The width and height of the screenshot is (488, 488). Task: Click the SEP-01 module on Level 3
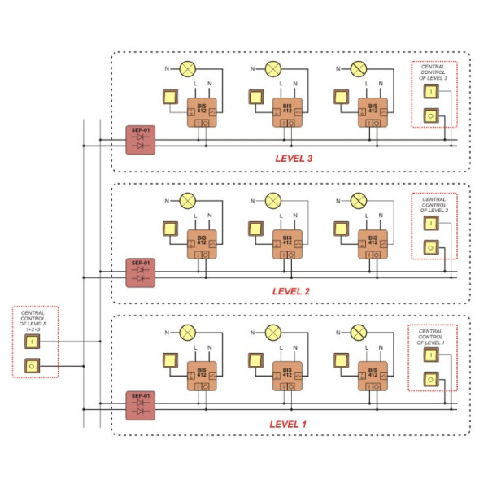click(140, 141)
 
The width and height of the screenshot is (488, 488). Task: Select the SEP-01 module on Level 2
click(140, 272)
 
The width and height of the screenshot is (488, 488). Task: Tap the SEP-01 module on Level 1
click(140, 404)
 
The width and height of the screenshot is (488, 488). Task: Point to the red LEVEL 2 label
click(292, 290)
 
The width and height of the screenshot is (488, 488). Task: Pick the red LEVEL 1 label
click(289, 424)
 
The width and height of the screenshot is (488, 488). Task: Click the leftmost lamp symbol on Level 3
click(189, 68)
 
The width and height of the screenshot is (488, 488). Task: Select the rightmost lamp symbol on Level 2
click(358, 199)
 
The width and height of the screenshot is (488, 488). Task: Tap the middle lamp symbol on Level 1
click(273, 332)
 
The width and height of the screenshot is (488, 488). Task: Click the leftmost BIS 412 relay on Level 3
click(203, 112)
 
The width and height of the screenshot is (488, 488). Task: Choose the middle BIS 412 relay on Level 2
click(287, 243)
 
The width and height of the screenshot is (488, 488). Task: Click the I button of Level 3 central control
click(429, 92)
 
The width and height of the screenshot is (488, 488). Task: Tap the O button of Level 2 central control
click(429, 248)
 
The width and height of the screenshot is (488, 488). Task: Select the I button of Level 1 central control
click(429, 355)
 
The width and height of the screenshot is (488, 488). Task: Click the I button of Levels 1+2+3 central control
click(32, 342)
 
